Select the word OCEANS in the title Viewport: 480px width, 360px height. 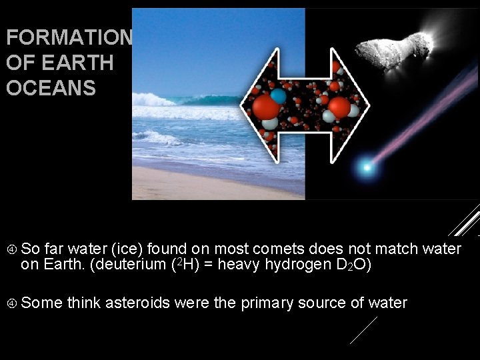click(x=51, y=88)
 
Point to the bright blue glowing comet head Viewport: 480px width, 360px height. click(x=365, y=167)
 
